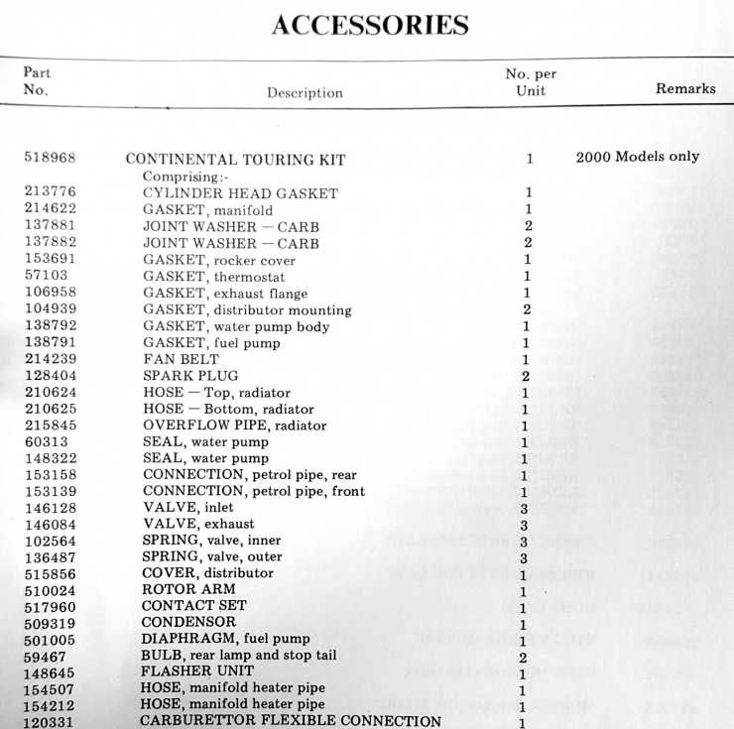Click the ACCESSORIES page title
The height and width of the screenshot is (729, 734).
tap(370, 24)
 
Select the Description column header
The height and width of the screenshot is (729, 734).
tap(305, 93)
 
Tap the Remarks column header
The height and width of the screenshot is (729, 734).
tap(685, 88)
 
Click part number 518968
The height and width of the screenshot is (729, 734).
tap(50, 158)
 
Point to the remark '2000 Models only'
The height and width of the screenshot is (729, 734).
tap(637, 157)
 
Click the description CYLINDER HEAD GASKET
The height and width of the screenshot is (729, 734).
tap(240, 193)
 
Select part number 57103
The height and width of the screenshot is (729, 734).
tap(45, 277)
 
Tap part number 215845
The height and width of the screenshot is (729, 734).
tap(49, 425)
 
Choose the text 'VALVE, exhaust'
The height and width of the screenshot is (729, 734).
tap(198, 524)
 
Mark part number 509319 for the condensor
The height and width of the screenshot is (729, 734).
tap(49, 623)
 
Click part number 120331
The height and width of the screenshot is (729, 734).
tap(49, 721)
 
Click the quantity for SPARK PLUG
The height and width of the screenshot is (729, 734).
tap(527, 376)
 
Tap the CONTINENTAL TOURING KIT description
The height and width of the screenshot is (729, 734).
tap(235, 159)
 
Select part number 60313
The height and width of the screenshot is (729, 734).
tap(45, 441)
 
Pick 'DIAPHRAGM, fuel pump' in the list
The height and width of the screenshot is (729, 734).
tap(225, 639)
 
